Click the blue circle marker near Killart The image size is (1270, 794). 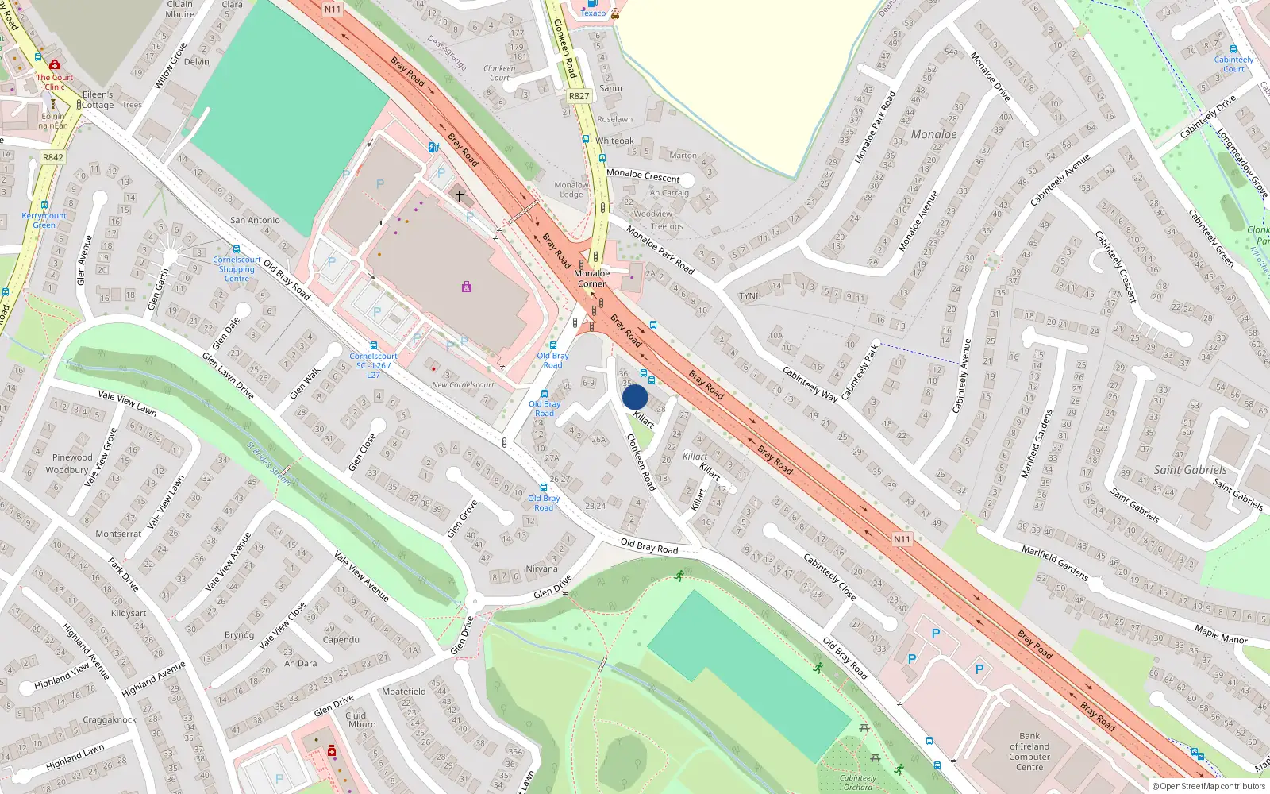(x=635, y=397)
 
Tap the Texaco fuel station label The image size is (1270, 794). (x=593, y=13)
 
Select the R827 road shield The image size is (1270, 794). (x=579, y=96)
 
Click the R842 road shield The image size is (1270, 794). (x=53, y=157)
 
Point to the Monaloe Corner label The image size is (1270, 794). (x=592, y=278)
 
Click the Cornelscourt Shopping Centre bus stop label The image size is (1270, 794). (x=237, y=269)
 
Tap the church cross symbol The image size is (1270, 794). (x=459, y=195)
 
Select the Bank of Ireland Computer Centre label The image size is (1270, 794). (x=1029, y=751)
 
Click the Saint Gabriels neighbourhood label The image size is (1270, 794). (x=1190, y=469)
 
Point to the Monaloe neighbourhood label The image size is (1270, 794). (x=933, y=134)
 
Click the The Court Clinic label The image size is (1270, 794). (x=54, y=82)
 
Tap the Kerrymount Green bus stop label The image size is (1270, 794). (x=44, y=220)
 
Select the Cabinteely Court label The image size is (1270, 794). (x=1233, y=64)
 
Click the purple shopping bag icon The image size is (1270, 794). (x=467, y=287)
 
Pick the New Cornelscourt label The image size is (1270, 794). (x=463, y=385)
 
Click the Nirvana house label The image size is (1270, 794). (x=541, y=569)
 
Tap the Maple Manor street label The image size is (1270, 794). (x=1221, y=635)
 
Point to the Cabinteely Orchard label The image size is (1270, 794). (x=858, y=782)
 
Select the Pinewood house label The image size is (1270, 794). (x=72, y=457)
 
